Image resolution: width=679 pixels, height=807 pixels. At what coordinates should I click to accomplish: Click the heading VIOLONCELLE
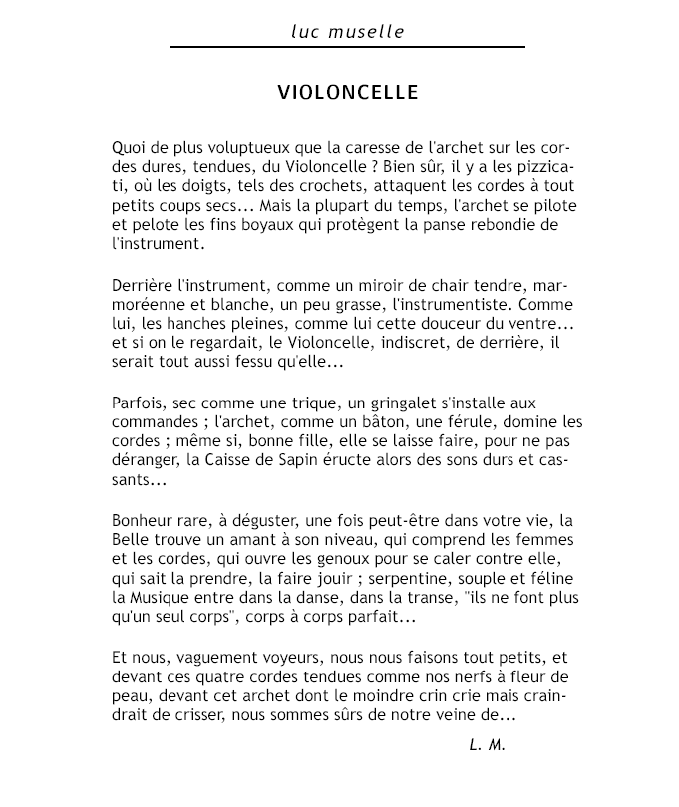coord(348,93)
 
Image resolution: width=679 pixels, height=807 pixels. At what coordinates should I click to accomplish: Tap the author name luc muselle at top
coord(348,32)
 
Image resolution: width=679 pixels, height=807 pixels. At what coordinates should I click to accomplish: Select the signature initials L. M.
coord(487,745)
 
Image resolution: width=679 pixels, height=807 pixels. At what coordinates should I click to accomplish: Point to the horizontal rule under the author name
coord(348,47)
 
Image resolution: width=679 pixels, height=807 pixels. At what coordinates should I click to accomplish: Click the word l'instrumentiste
coord(448,306)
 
